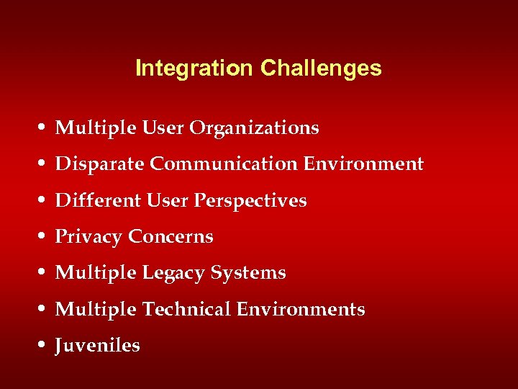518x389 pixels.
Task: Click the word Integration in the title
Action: click(x=194, y=68)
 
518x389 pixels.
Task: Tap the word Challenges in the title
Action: click(x=321, y=68)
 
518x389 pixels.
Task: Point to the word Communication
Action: click(x=224, y=164)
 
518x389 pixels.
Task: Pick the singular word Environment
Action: click(x=363, y=164)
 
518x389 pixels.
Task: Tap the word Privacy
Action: click(x=89, y=237)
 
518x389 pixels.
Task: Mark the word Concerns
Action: click(x=171, y=237)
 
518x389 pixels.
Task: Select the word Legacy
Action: click(x=173, y=274)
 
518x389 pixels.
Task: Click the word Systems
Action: click(x=248, y=274)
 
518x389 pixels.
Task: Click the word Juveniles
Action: click(x=98, y=346)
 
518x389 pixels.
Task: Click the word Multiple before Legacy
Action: click(x=96, y=274)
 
